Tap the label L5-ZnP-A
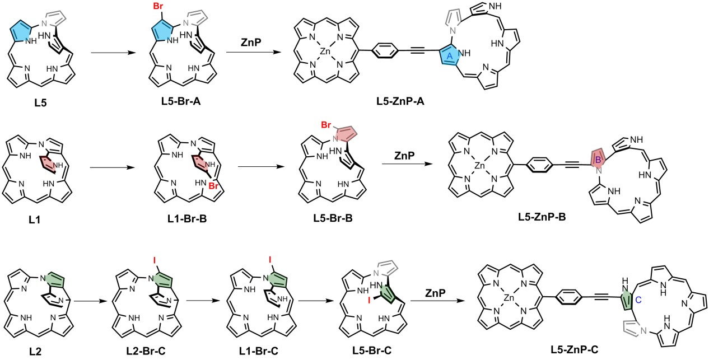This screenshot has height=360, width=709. click(401, 104)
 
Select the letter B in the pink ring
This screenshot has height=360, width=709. click(597, 160)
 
